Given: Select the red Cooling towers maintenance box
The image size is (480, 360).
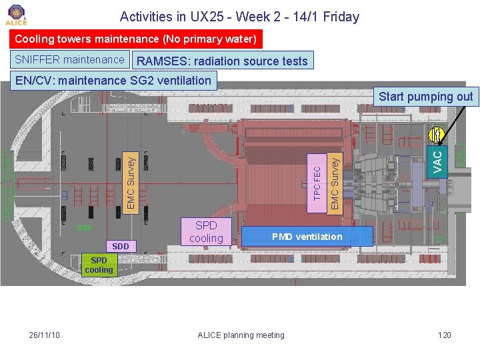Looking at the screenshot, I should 135,39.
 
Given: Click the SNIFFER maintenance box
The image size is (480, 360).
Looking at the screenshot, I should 69,60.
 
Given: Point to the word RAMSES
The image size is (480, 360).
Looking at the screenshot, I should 162,61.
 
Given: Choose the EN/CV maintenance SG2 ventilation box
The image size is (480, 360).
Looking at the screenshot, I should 113,81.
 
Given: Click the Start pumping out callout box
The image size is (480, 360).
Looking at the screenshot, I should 425,97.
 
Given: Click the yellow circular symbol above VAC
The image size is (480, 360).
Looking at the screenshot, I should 437,136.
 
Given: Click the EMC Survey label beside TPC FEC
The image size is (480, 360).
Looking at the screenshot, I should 335,180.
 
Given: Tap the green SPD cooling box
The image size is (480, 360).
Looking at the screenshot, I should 99,265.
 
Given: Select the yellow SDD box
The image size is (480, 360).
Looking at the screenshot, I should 121,247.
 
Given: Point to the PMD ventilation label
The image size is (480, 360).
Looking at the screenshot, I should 307,237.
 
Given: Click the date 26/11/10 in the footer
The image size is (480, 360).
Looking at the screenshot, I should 45,335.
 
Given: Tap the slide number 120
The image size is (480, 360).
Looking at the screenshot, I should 444,335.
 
